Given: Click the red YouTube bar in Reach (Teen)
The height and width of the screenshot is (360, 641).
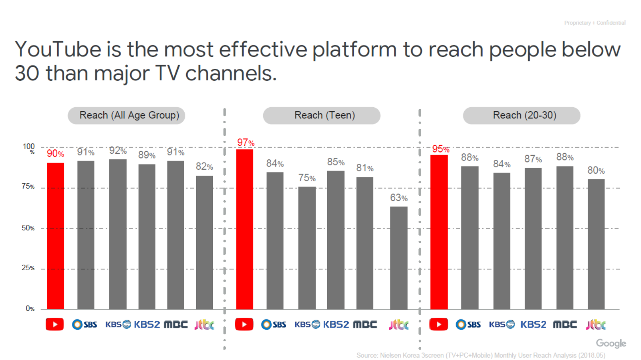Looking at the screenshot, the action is point(245,229).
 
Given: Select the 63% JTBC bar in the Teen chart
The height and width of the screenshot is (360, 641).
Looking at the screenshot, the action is point(399,258).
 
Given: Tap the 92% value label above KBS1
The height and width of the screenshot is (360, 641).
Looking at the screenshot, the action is point(118,151).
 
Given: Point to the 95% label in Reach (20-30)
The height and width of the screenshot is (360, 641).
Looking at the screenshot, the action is point(441,149).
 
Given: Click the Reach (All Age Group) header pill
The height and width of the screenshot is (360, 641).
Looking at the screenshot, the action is point(126,115).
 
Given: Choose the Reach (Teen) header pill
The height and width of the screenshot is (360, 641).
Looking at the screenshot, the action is point(322,115).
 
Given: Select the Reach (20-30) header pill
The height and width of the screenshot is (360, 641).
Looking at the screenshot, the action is point(522,115).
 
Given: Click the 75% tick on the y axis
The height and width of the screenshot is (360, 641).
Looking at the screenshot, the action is point(28,186).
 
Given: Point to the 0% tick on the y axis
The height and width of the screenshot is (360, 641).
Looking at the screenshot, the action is point(30,308).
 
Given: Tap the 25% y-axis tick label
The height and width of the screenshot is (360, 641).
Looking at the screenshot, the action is point(28,268).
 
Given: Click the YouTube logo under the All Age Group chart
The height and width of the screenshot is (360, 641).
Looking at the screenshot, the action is point(55,325).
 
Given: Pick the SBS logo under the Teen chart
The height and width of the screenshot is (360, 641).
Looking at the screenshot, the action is point(274,325).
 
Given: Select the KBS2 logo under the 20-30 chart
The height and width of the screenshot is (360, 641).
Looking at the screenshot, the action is point(533,325).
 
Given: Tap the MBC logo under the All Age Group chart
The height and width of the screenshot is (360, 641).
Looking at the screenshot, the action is point(176,325).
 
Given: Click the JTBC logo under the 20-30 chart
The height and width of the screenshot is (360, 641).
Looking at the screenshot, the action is point(596,325).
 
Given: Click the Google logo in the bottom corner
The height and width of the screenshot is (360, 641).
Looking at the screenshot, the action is point(611,343).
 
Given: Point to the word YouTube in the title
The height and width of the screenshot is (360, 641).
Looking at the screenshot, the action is point(58,50).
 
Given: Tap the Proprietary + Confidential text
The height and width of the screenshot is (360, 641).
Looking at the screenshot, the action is point(595,23).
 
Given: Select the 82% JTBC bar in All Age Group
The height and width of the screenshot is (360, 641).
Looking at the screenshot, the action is point(204,242).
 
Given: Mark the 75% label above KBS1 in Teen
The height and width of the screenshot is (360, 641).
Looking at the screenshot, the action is point(307,178).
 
